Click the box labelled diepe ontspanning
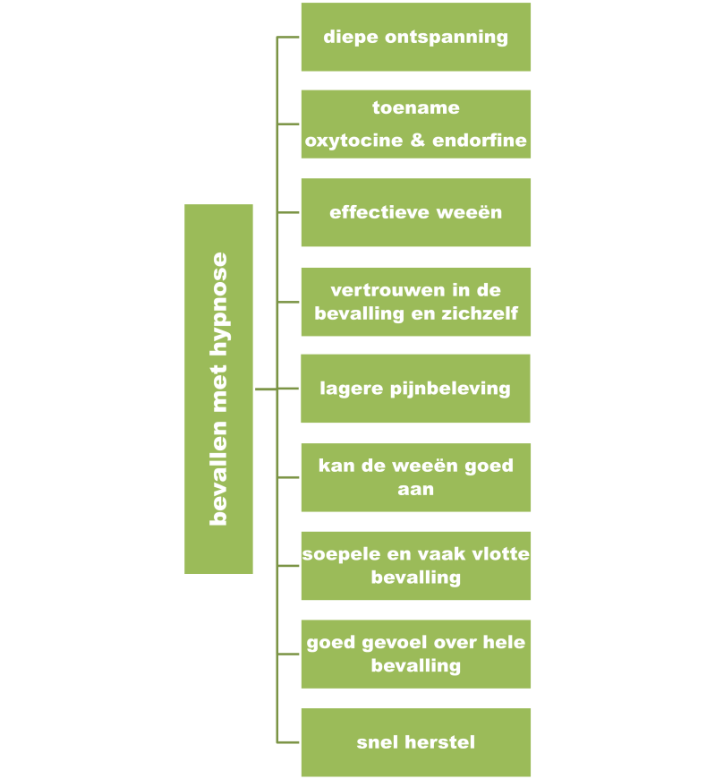click(415, 38)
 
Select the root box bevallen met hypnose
click(218, 389)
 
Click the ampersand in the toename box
click(417, 141)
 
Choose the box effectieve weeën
click(415, 212)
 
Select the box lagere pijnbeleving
click(415, 389)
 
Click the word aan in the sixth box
click(415, 489)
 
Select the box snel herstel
click(415, 742)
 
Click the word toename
click(415, 108)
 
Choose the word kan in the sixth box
click(336, 466)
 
